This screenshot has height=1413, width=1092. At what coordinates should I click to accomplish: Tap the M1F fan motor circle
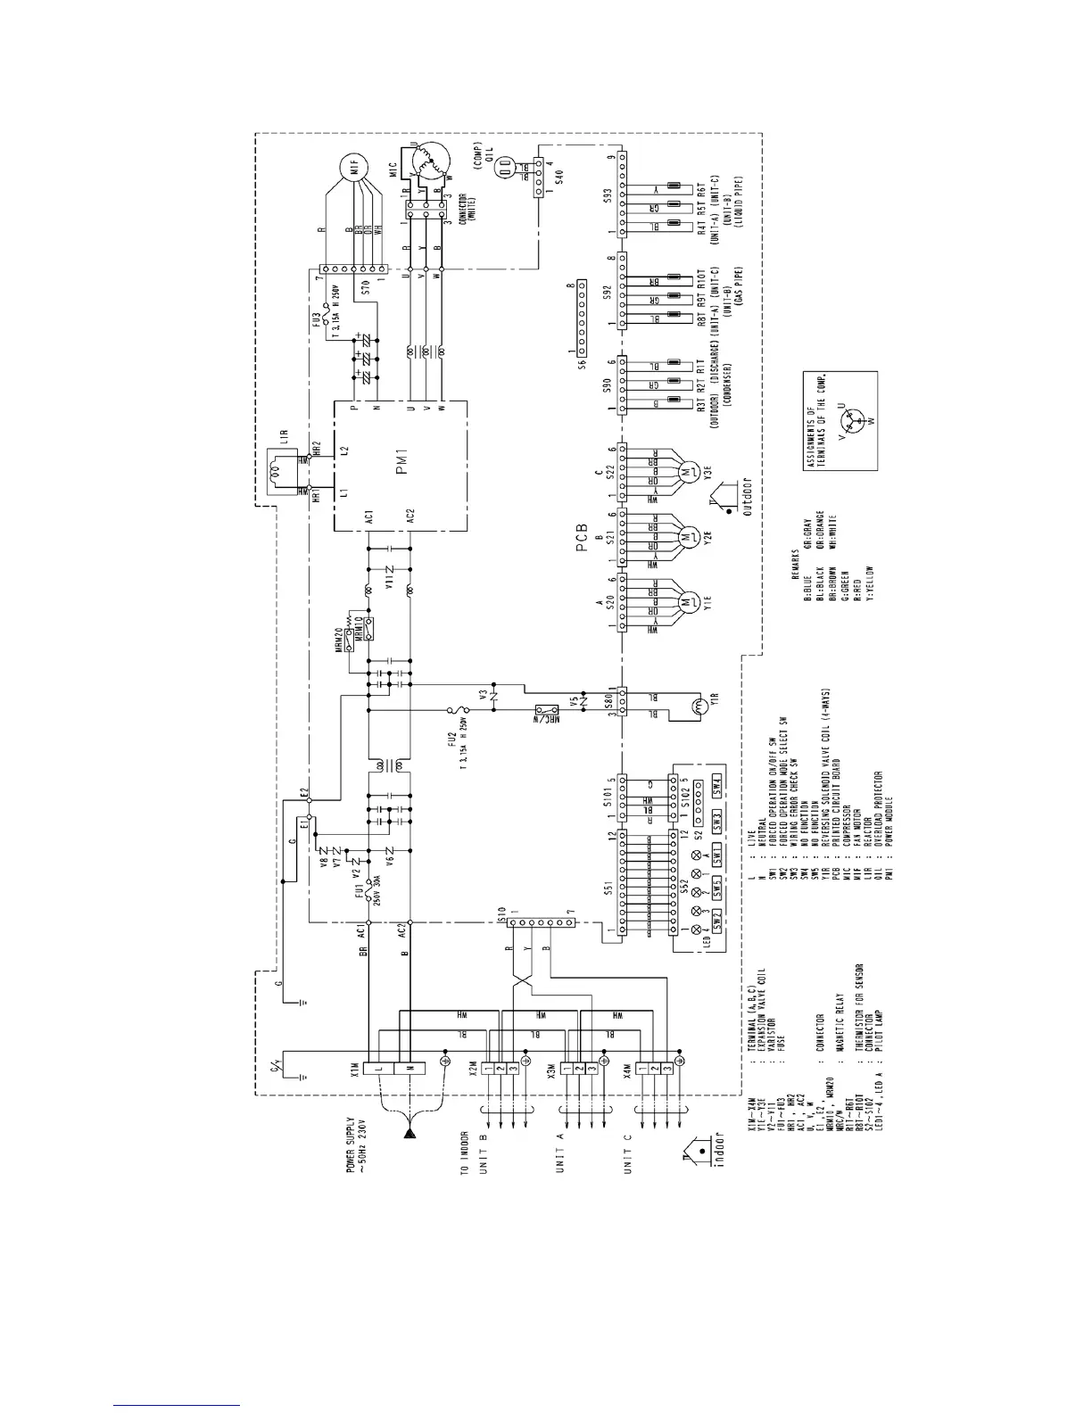pos(352,167)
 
